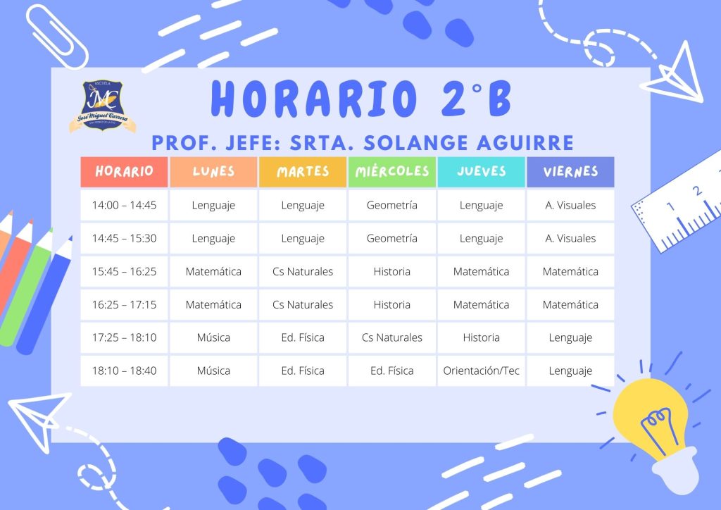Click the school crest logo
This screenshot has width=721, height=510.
[103, 106]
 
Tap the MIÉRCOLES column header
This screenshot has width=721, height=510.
[391, 172]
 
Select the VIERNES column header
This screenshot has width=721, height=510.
[570, 172]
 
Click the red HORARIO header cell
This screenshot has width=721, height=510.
[124, 172]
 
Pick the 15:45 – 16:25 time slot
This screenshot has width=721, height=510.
[124, 271]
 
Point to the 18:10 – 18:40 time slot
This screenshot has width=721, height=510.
[124, 371]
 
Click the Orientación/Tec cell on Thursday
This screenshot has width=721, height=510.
[481, 371]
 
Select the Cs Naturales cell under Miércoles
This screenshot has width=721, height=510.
[391, 337]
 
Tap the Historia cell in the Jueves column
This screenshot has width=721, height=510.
[481, 337]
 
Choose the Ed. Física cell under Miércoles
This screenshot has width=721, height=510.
[391, 371]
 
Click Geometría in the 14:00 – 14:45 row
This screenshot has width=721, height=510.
[391, 205]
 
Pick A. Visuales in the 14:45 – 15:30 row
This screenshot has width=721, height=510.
[570, 238]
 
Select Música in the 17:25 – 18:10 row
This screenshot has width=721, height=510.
[213, 337]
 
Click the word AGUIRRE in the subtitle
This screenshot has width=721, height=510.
[525, 143]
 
